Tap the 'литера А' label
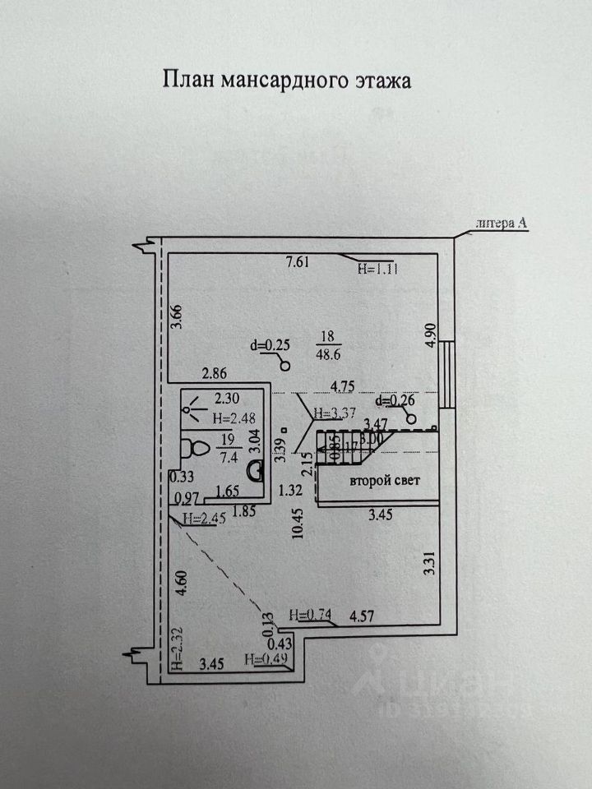502,222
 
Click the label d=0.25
272,346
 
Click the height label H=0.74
309,614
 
